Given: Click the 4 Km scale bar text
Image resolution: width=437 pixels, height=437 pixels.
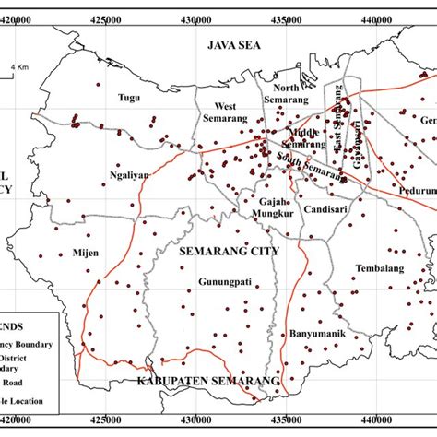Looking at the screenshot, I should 20,67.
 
